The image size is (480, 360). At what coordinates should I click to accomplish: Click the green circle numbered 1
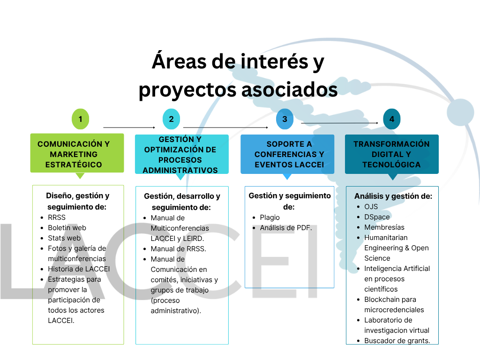pos(80,119)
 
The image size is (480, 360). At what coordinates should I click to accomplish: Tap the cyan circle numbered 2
pos(171,119)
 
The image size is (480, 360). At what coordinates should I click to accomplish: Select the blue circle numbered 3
pos(285,119)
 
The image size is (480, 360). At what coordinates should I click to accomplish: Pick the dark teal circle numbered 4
pos(391,119)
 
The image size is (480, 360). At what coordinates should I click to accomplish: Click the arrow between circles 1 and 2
pos(129,127)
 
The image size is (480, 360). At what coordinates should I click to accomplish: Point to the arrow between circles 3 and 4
pos(340,123)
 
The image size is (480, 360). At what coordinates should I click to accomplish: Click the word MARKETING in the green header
pos(74,154)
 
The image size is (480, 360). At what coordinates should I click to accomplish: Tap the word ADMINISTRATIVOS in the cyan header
pos(180,170)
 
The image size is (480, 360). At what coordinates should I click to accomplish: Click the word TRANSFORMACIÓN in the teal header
pos(391,144)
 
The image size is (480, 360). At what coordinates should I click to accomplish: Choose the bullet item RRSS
pos(57,217)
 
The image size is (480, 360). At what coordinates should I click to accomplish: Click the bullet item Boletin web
pos(67,228)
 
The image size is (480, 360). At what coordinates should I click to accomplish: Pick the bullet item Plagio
pos(270,217)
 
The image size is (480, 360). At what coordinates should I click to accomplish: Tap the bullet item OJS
pos(371,207)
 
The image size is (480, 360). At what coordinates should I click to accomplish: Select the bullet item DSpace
pos(377,217)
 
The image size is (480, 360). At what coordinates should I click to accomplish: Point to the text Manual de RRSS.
pos(179,249)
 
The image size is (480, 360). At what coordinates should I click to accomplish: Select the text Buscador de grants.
pos(397,341)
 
